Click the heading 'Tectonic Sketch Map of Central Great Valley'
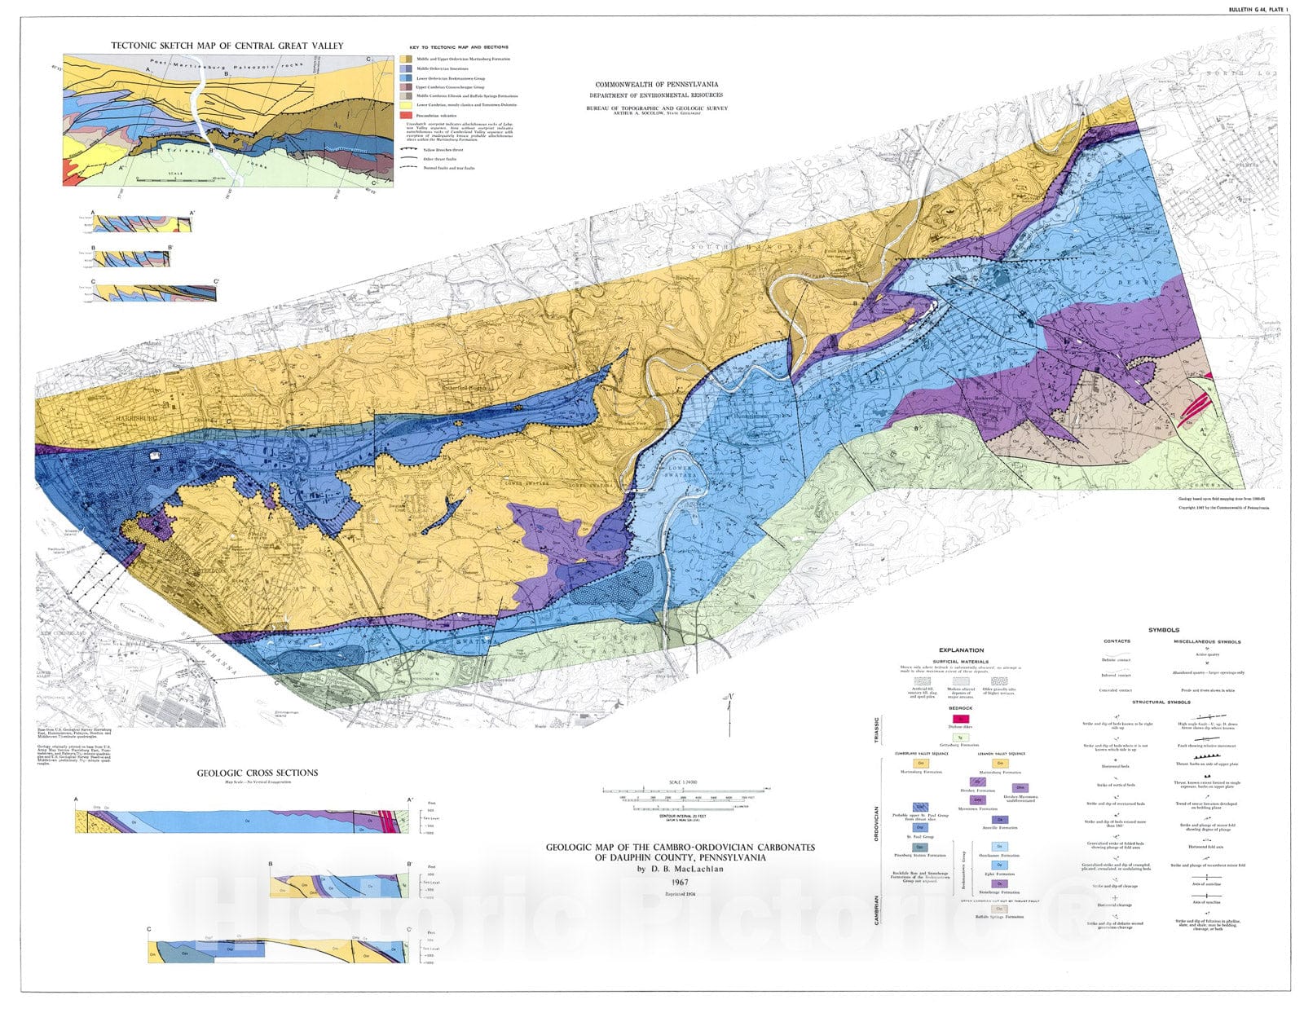point(227,46)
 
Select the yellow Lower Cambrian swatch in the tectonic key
point(405,105)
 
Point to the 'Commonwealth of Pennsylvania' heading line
point(656,85)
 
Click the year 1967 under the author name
point(680,883)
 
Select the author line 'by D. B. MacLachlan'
point(680,869)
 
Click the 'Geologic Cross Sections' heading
point(258,773)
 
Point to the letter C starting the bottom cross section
point(149,929)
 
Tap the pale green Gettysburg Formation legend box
point(961,737)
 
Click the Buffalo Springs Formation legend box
point(999,909)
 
